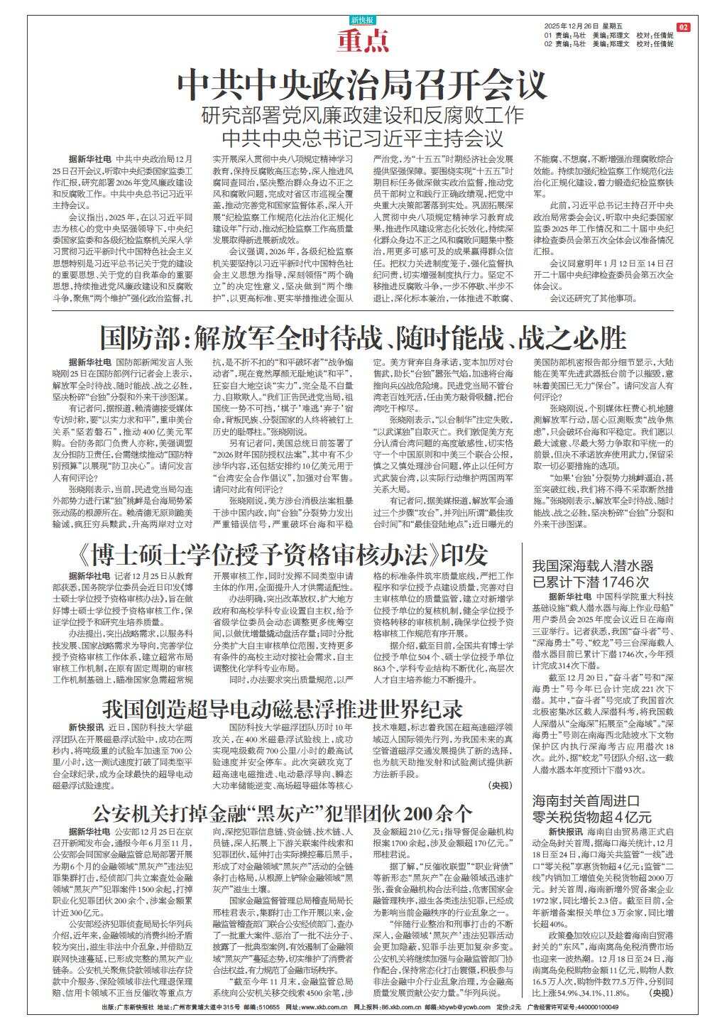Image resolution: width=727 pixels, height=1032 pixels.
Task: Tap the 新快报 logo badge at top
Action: (x=363, y=21)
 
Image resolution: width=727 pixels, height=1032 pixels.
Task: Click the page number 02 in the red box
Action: (x=683, y=27)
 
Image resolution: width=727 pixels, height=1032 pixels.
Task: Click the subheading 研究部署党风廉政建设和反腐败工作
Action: (x=363, y=114)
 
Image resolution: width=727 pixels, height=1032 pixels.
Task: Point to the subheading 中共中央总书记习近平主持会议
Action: (x=363, y=137)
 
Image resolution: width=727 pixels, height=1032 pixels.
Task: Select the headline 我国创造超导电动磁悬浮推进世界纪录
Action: (x=283, y=709)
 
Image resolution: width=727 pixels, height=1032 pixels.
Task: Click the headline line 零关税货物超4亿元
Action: (x=592, y=817)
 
